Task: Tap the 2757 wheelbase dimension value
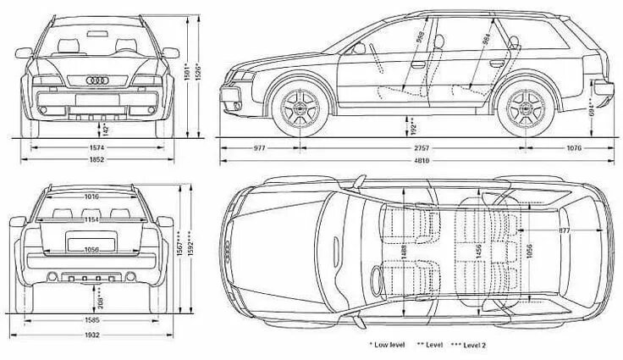[x=422, y=148]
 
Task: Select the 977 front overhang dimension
[x=259, y=148]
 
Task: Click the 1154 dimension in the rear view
[x=91, y=220]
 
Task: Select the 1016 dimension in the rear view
[x=91, y=197]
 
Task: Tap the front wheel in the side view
[x=298, y=107]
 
